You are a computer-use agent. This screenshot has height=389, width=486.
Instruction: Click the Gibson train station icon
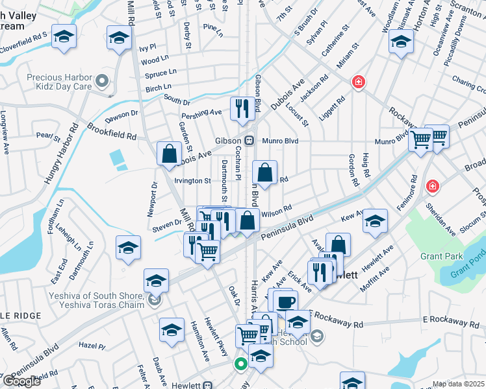pyautogui.click(x=249, y=141)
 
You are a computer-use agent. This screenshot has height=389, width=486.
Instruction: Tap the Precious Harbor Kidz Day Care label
pyautogui.click(x=60, y=81)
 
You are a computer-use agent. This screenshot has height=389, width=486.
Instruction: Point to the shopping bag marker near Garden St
pyautogui.click(x=169, y=154)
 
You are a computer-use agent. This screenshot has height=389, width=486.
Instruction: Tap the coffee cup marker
pyautogui.click(x=285, y=301)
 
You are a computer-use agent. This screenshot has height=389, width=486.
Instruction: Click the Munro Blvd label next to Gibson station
pyautogui.click(x=280, y=141)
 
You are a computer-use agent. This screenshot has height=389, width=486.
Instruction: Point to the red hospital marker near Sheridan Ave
pyautogui.click(x=432, y=187)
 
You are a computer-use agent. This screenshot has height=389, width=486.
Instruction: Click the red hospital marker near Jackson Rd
pyautogui.click(x=357, y=82)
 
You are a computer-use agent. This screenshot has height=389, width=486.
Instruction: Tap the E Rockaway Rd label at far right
pyautogui.click(x=455, y=322)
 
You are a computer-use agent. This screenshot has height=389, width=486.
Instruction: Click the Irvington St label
pyautogui.click(x=192, y=181)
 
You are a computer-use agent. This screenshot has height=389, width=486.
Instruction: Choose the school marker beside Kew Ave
pyautogui.click(x=375, y=221)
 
